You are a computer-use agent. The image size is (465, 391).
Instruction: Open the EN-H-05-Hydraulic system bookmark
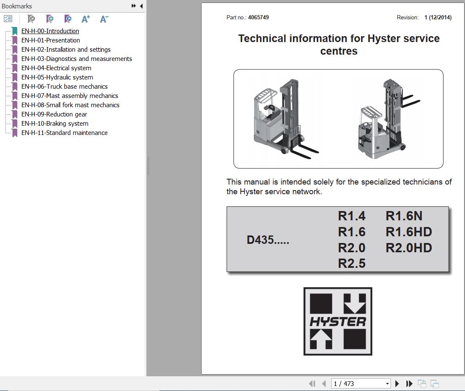pos(57,77)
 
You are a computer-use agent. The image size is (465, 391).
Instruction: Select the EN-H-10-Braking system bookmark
pos(55,124)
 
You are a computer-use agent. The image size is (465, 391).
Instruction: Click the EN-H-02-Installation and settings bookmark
pos(66,50)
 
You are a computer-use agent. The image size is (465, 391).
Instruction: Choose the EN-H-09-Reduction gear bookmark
pos(54,114)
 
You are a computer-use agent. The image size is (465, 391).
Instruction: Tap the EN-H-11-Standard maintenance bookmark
pos(64,133)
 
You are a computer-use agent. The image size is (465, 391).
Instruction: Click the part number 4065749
pos(258,18)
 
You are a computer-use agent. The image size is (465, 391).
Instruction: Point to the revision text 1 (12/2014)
pos(438,18)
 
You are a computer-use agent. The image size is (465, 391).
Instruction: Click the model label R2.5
pos(351,264)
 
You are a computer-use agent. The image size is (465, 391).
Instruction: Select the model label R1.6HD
pos(409,232)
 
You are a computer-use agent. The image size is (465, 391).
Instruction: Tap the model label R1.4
pos(351,216)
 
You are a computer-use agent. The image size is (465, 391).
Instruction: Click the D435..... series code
pos(268,240)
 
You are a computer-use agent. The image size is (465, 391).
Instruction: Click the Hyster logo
pos(338,321)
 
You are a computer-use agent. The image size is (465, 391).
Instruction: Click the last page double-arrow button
pos(409,383)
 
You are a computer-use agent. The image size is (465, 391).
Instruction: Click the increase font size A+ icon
pos(86,19)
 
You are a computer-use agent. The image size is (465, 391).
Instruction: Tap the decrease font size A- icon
pos(104,19)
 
